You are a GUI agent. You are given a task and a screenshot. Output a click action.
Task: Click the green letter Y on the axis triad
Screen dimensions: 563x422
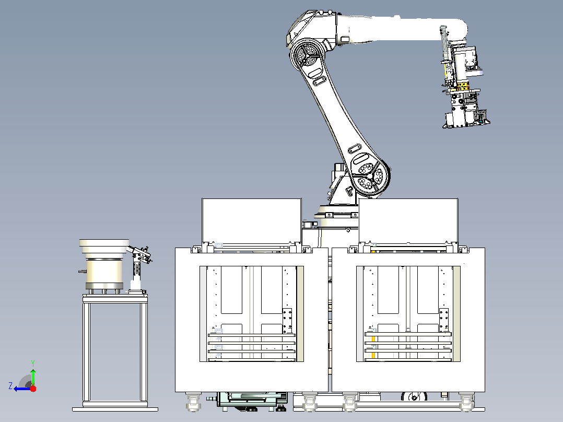(33, 363)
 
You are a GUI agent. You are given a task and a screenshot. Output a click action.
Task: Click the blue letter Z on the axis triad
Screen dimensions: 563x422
(10, 386)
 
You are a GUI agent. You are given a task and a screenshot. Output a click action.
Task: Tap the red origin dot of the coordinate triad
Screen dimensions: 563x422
(33, 389)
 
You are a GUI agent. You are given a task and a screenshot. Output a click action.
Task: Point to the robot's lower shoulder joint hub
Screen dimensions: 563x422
(369, 176)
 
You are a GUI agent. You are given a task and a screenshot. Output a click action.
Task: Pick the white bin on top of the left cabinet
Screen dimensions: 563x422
(252, 220)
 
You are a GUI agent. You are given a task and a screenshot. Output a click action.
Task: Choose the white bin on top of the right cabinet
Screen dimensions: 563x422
(408, 220)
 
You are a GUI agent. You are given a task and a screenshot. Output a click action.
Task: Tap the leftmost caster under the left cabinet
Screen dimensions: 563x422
(194, 402)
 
